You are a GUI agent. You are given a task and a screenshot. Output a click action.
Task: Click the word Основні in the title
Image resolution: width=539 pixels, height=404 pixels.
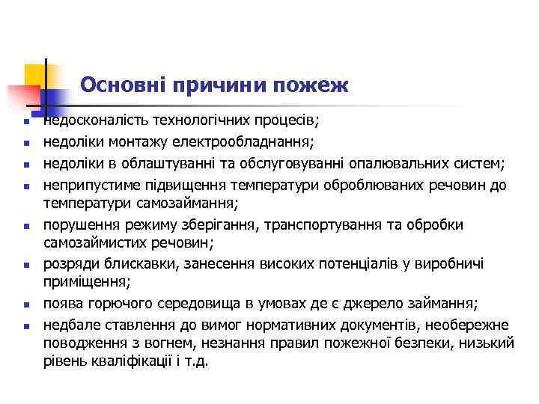point(124,85)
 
